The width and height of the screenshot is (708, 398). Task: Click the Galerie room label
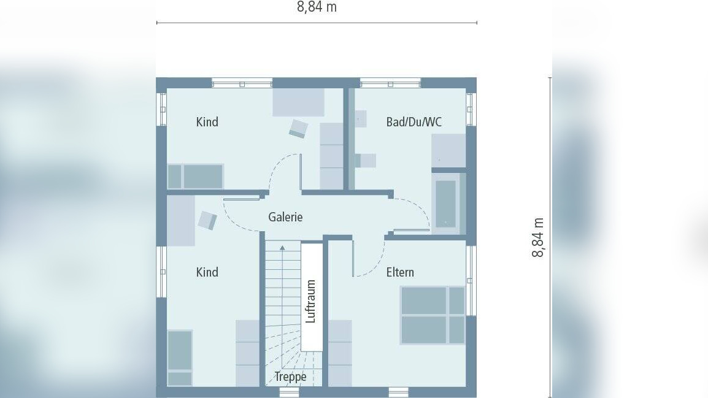pos(285,217)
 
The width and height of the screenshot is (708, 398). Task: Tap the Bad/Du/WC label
pos(414,122)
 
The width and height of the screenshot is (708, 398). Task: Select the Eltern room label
pos(400,272)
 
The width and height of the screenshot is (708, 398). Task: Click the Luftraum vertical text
pos(311,301)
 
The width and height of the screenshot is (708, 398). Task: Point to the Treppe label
pos(290,377)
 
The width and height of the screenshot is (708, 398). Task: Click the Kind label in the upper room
pos(207,122)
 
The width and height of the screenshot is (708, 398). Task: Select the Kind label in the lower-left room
pos(207,272)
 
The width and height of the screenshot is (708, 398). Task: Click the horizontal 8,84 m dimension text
pos(317,7)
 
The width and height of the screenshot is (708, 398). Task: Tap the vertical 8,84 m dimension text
pos(538,237)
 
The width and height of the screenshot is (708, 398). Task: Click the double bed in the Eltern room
pos(433,315)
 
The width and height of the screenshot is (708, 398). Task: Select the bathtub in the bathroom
pos(446,204)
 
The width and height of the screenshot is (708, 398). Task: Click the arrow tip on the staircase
pos(282,247)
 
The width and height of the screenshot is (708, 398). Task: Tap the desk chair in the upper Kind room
pos(299,128)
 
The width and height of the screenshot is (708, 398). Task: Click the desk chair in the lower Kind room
pos(207,220)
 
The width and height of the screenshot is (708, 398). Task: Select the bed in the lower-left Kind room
pos(180,358)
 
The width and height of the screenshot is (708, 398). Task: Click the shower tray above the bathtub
pos(448,150)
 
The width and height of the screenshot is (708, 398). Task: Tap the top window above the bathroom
pos(390,83)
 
